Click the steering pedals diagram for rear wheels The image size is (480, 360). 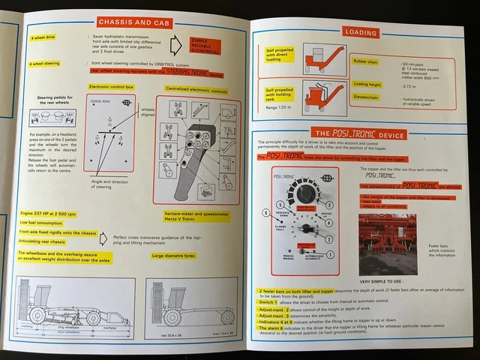coord(43,117)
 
